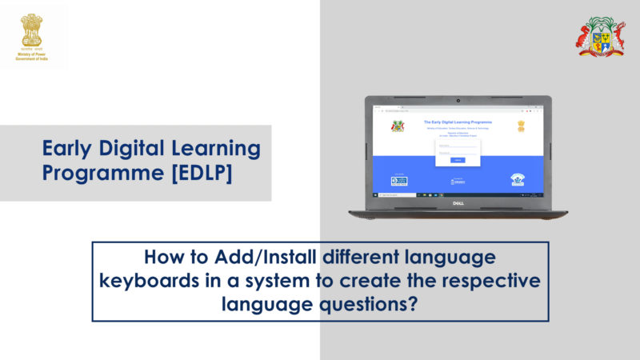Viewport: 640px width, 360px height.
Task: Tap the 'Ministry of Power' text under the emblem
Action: point(33,57)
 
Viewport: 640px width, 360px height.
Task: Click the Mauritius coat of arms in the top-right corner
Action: point(601,37)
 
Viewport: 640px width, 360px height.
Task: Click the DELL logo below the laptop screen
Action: point(458,204)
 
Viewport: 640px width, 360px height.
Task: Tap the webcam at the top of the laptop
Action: point(458,101)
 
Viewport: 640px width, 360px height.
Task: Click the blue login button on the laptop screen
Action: point(458,160)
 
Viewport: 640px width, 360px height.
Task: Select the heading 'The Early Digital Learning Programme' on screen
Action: point(458,122)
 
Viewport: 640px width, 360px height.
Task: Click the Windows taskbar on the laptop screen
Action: point(458,194)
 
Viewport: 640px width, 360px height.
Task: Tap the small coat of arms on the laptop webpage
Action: point(398,126)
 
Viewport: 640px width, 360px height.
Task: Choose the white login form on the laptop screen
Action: point(458,150)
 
